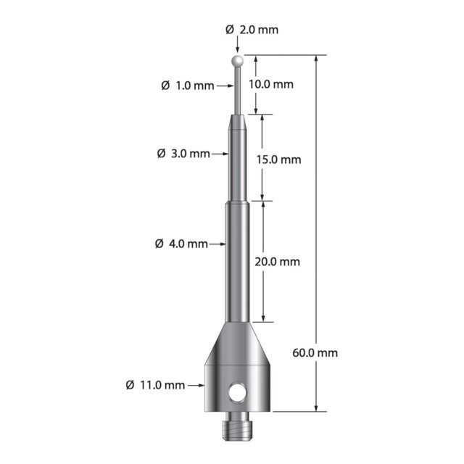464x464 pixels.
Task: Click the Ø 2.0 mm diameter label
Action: pyautogui.click(x=252, y=30)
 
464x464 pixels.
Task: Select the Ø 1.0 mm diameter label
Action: pyautogui.click(x=188, y=86)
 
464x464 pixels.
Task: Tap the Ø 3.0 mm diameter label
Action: pyautogui.click(x=183, y=154)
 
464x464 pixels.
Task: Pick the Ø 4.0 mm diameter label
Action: pyautogui.click(x=181, y=244)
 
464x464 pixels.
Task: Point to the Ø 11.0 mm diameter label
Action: pyautogui.click(x=155, y=385)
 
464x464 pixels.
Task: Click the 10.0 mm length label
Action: pyautogui.click(x=270, y=84)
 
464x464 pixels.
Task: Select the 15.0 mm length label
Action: pyautogui.click(x=278, y=159)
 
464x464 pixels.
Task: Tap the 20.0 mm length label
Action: pyautogui.click(x=277, y=262)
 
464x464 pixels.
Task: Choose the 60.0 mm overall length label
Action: pyautogui.click(x=315, y=353)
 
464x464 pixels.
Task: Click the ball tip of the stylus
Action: pyautogui.click(x=237, y=61)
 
